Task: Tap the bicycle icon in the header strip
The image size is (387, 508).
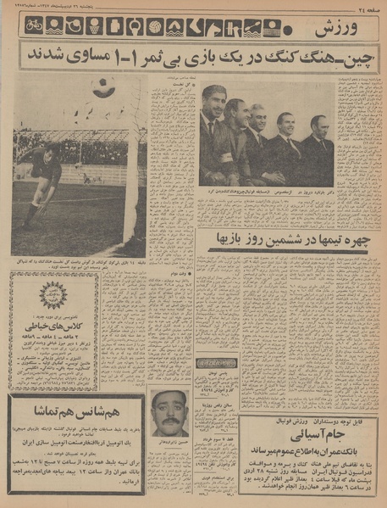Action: pyautogui.click(x=33, y=27)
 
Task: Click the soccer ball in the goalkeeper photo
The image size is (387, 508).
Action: pyautogui.click(x=102, y=87)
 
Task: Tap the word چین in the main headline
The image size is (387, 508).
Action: pyautogui.click(x=362, y=57)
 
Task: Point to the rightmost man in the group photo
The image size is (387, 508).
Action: pyautogui.click(x=318, y=148)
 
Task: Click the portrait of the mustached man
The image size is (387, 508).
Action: pyautogui.click(x=170, y=413)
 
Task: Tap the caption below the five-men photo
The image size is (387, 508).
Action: pyautogui.click(x=263, y=193)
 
